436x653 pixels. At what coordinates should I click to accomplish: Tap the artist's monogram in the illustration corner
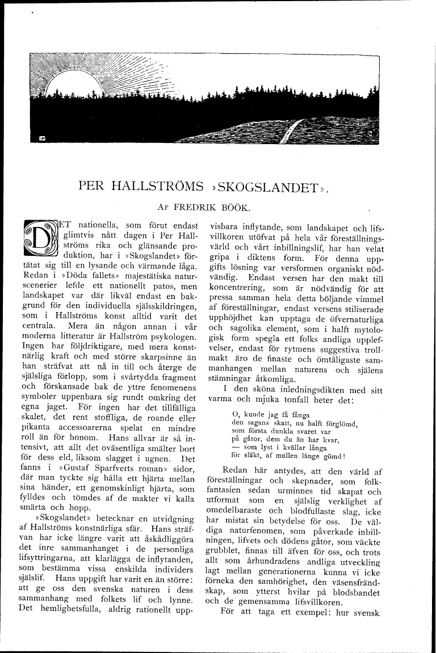pyautogui.click(x=42, y=138)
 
